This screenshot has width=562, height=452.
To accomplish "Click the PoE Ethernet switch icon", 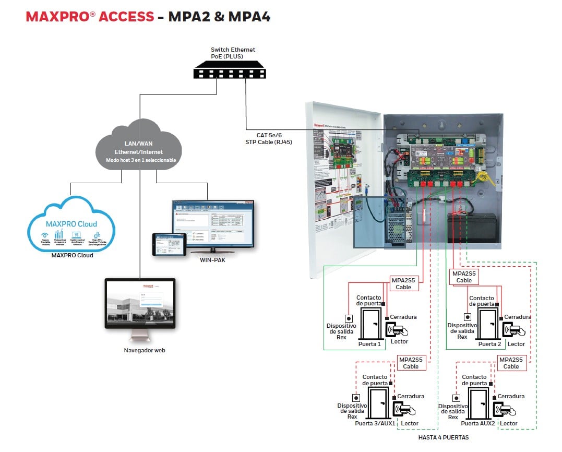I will coord(229,70).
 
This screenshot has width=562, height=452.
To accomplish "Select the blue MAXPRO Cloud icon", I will coord(71,224).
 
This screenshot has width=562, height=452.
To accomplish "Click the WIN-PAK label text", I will coord(212,259).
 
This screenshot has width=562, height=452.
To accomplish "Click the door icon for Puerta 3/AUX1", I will coord(376,403).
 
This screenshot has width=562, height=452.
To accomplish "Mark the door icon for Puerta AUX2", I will coord(480,403).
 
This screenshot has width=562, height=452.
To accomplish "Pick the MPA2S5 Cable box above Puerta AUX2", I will coord(511,363).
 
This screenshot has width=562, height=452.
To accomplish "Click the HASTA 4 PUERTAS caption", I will coord(444,437).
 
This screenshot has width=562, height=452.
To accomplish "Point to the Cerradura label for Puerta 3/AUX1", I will coord(411,396).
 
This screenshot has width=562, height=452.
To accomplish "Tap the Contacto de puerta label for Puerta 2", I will coord(481,301).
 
